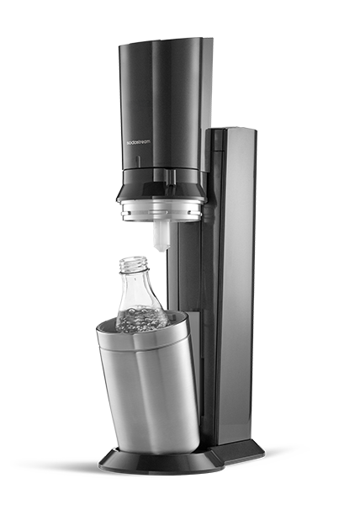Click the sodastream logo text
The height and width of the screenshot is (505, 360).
tap(138, 141)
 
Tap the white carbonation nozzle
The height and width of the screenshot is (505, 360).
tap(161, 236)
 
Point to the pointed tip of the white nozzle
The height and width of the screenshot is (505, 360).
tap(161, 251)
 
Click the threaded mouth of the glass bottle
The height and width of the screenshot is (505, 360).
tap(135, 265)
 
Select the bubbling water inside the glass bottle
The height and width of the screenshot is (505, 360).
tap(141, 320)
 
